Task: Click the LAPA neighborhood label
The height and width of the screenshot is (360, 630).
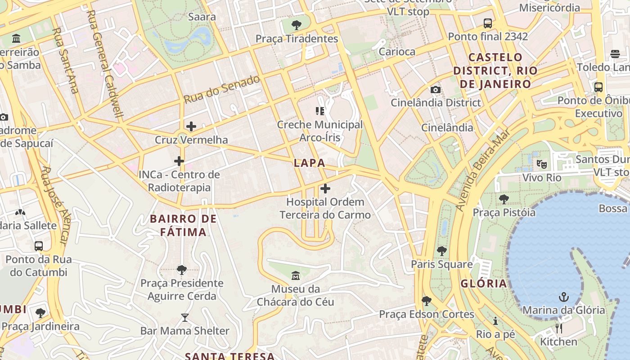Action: (x=309, y=163)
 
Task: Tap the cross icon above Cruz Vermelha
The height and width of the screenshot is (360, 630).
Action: (x=191, y=126)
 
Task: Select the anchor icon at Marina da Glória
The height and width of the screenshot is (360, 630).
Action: (x=563, y=297)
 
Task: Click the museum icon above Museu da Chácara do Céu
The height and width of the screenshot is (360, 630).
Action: (x=296, y=275)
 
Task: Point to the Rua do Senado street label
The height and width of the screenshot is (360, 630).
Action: (x=222, y=89)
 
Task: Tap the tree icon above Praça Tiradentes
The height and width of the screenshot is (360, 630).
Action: (x=297, y=25)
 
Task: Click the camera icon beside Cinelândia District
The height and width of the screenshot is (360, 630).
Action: (x=435, y=90)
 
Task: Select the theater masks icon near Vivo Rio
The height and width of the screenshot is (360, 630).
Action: (x=541, y=164)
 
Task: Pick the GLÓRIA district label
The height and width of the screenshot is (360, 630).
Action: (x=484, y=283)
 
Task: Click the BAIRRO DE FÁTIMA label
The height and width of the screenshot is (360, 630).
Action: (x=184, y=225)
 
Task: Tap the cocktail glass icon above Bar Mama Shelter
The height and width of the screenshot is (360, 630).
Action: (x=184, y=318)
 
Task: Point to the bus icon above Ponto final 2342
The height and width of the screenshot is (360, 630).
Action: (x=488, y=23)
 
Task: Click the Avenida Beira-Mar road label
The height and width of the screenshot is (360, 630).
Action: (x=483, y=170)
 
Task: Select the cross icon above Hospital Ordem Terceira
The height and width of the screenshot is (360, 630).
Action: (x=325, y=189)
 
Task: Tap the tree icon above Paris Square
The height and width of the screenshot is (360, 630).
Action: (x=442, y=251)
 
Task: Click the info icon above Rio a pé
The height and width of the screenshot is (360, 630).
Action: (x=495, y=321)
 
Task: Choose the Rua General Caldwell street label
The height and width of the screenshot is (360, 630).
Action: (x=105, y=63)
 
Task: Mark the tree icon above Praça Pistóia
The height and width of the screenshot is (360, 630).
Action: (x=504, y=199)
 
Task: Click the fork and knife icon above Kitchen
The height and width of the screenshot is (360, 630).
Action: (x=558, y=328)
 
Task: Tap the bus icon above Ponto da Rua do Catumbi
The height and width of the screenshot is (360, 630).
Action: (x=39, y=246)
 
